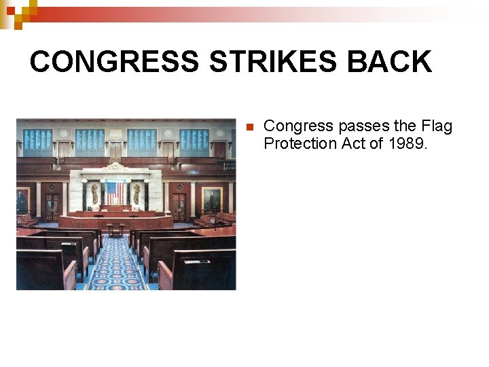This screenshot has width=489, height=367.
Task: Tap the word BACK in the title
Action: pos(389,62)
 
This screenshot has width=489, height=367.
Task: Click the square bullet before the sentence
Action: pos(249,127)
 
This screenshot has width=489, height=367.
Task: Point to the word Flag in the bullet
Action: pos(437,126)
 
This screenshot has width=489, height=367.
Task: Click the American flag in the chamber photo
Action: pos(115,192)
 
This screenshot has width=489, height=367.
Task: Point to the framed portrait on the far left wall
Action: pos(22,201)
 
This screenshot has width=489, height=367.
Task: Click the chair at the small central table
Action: pos(115,231)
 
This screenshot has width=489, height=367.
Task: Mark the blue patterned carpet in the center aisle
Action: pos(115,268)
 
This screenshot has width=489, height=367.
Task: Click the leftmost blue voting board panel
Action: pos(38,142)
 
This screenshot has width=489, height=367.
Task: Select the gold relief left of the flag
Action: pos(94,193)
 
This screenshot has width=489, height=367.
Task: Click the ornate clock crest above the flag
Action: pos(115,167)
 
